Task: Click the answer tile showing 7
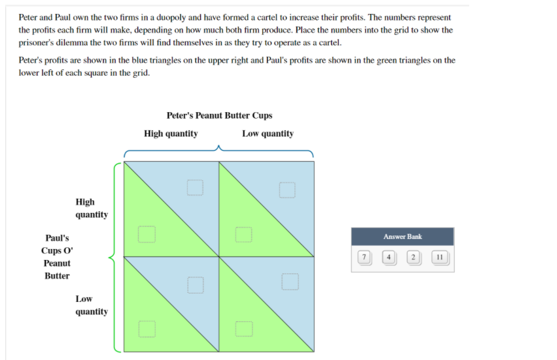[x=364, y=257]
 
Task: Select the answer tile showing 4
[x=389, y=257]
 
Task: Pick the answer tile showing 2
[x=413, y=257]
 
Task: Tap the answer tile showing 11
[x=440, y=257]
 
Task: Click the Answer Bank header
[x=402, y=237]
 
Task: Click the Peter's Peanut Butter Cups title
[x=220, y=116]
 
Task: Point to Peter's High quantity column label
[x=171, y=134]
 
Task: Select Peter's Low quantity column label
[x=268, y=134]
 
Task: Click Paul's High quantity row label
[x=92, y=208]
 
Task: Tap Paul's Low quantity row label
[x=92, y=305]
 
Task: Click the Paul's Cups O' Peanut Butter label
[x=57, y=256]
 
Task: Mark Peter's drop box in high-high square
[x=195, y=188]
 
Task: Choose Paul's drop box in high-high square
[x=147, y=234]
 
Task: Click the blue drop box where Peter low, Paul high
[x=287, y=190]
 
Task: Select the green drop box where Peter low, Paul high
[x=244, y=234]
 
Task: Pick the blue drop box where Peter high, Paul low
[x=195, y=285]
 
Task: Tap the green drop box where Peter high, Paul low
[x=147, y=329]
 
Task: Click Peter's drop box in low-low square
[x=290, y=282]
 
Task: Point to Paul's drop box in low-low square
[x=244, y=329]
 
